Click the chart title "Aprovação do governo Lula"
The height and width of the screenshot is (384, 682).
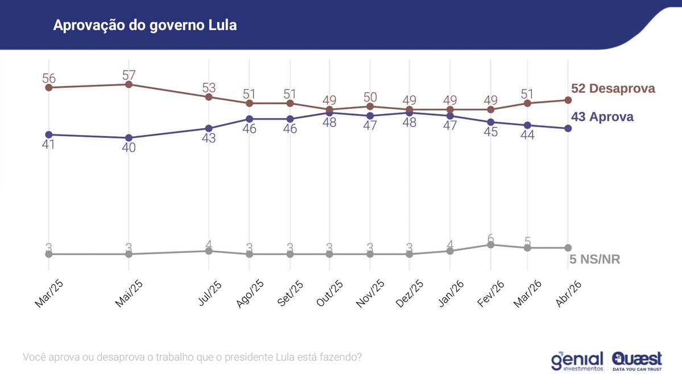144,26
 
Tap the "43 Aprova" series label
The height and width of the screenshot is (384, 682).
602,117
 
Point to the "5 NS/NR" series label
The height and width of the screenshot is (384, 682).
594,260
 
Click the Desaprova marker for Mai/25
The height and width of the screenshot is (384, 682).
129,84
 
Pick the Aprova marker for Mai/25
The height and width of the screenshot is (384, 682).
129,138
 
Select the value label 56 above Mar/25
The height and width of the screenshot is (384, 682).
49,79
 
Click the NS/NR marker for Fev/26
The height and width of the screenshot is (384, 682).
490,244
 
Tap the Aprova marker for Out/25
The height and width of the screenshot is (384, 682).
329,113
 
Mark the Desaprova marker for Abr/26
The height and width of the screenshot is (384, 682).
568,100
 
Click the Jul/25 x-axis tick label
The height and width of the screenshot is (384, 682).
210,293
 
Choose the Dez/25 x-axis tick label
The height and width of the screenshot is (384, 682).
409,294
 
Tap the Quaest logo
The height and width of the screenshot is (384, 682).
637,361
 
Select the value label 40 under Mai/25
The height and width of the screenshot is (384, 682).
129,148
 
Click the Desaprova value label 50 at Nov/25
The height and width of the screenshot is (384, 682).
370,97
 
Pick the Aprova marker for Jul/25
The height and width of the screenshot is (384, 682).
209,128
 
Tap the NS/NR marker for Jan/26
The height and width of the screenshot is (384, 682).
450,251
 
